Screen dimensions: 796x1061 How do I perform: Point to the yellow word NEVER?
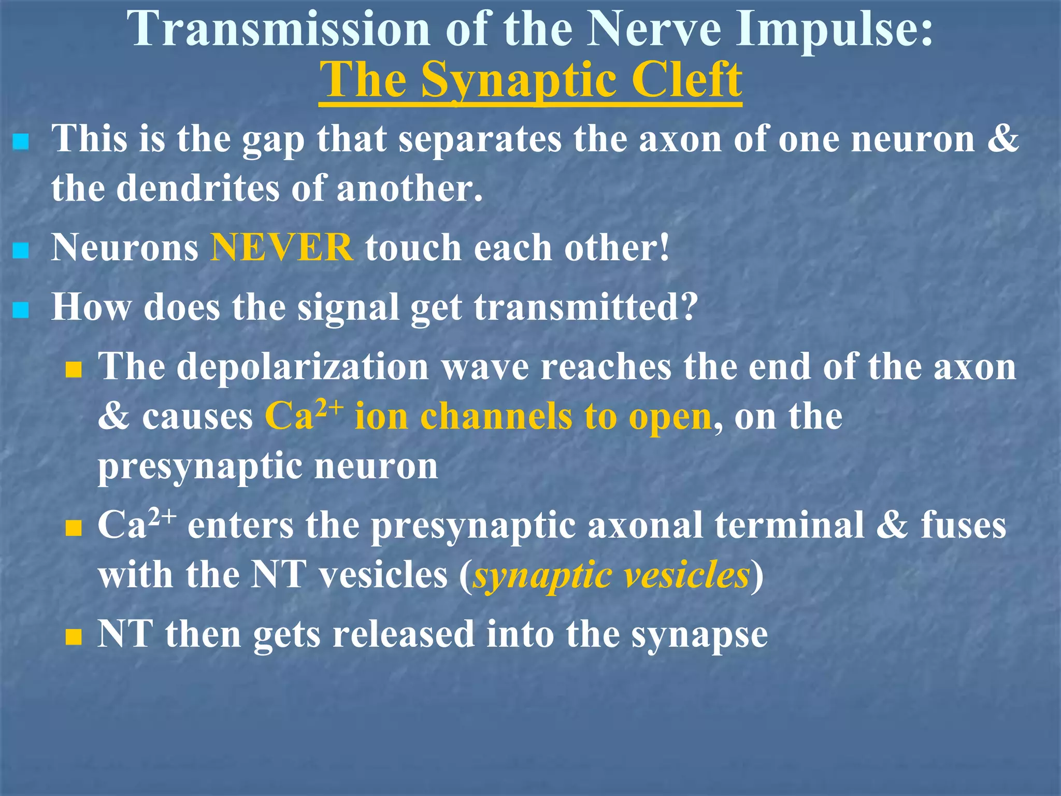pyautogui.click(x=282, y=248)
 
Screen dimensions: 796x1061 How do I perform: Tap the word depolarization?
pyautogui.click(x=303, y=367)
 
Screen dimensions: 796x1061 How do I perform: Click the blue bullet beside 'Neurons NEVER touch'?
pyautogui.click(x=21, y=251)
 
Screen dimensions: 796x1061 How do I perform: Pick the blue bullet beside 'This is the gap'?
pyautogui.click(x=21, y=142)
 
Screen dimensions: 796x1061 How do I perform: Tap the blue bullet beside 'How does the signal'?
pyautogui.click(x=21, y=311)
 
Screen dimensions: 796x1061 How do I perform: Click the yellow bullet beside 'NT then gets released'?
pyautogui.click(x=74, y=636)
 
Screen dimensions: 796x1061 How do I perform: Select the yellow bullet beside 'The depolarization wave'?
pyautogui.click(x=74, y=370)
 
